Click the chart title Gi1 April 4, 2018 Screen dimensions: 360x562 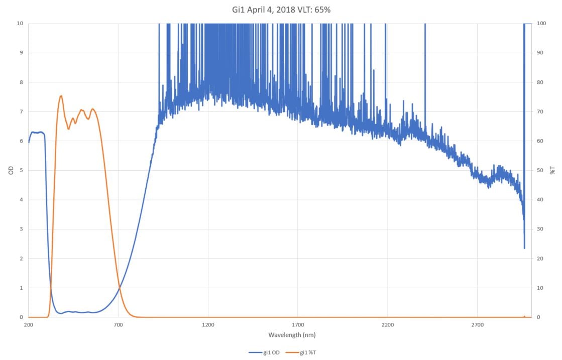pos(280,10)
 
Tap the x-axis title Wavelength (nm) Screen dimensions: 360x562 pos(292,335)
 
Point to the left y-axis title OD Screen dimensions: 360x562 pos(11,170)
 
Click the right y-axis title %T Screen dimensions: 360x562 pos(553,170)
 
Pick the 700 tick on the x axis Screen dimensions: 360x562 pos(118,325)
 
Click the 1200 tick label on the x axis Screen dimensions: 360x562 pos(208,325)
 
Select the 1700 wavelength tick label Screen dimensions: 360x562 pos(298,325)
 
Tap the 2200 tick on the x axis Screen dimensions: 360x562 pos(388,325)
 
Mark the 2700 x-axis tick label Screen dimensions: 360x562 pos(477,325)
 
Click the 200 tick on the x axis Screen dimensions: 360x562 pos(29,325)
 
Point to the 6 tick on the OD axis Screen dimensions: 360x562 pos(21,141)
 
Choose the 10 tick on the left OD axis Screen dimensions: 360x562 pos(20,23)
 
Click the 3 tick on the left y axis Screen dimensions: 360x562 pos(21,229)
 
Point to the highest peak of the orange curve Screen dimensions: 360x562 pos(61,96)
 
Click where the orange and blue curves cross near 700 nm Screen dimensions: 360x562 pos(119,288)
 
